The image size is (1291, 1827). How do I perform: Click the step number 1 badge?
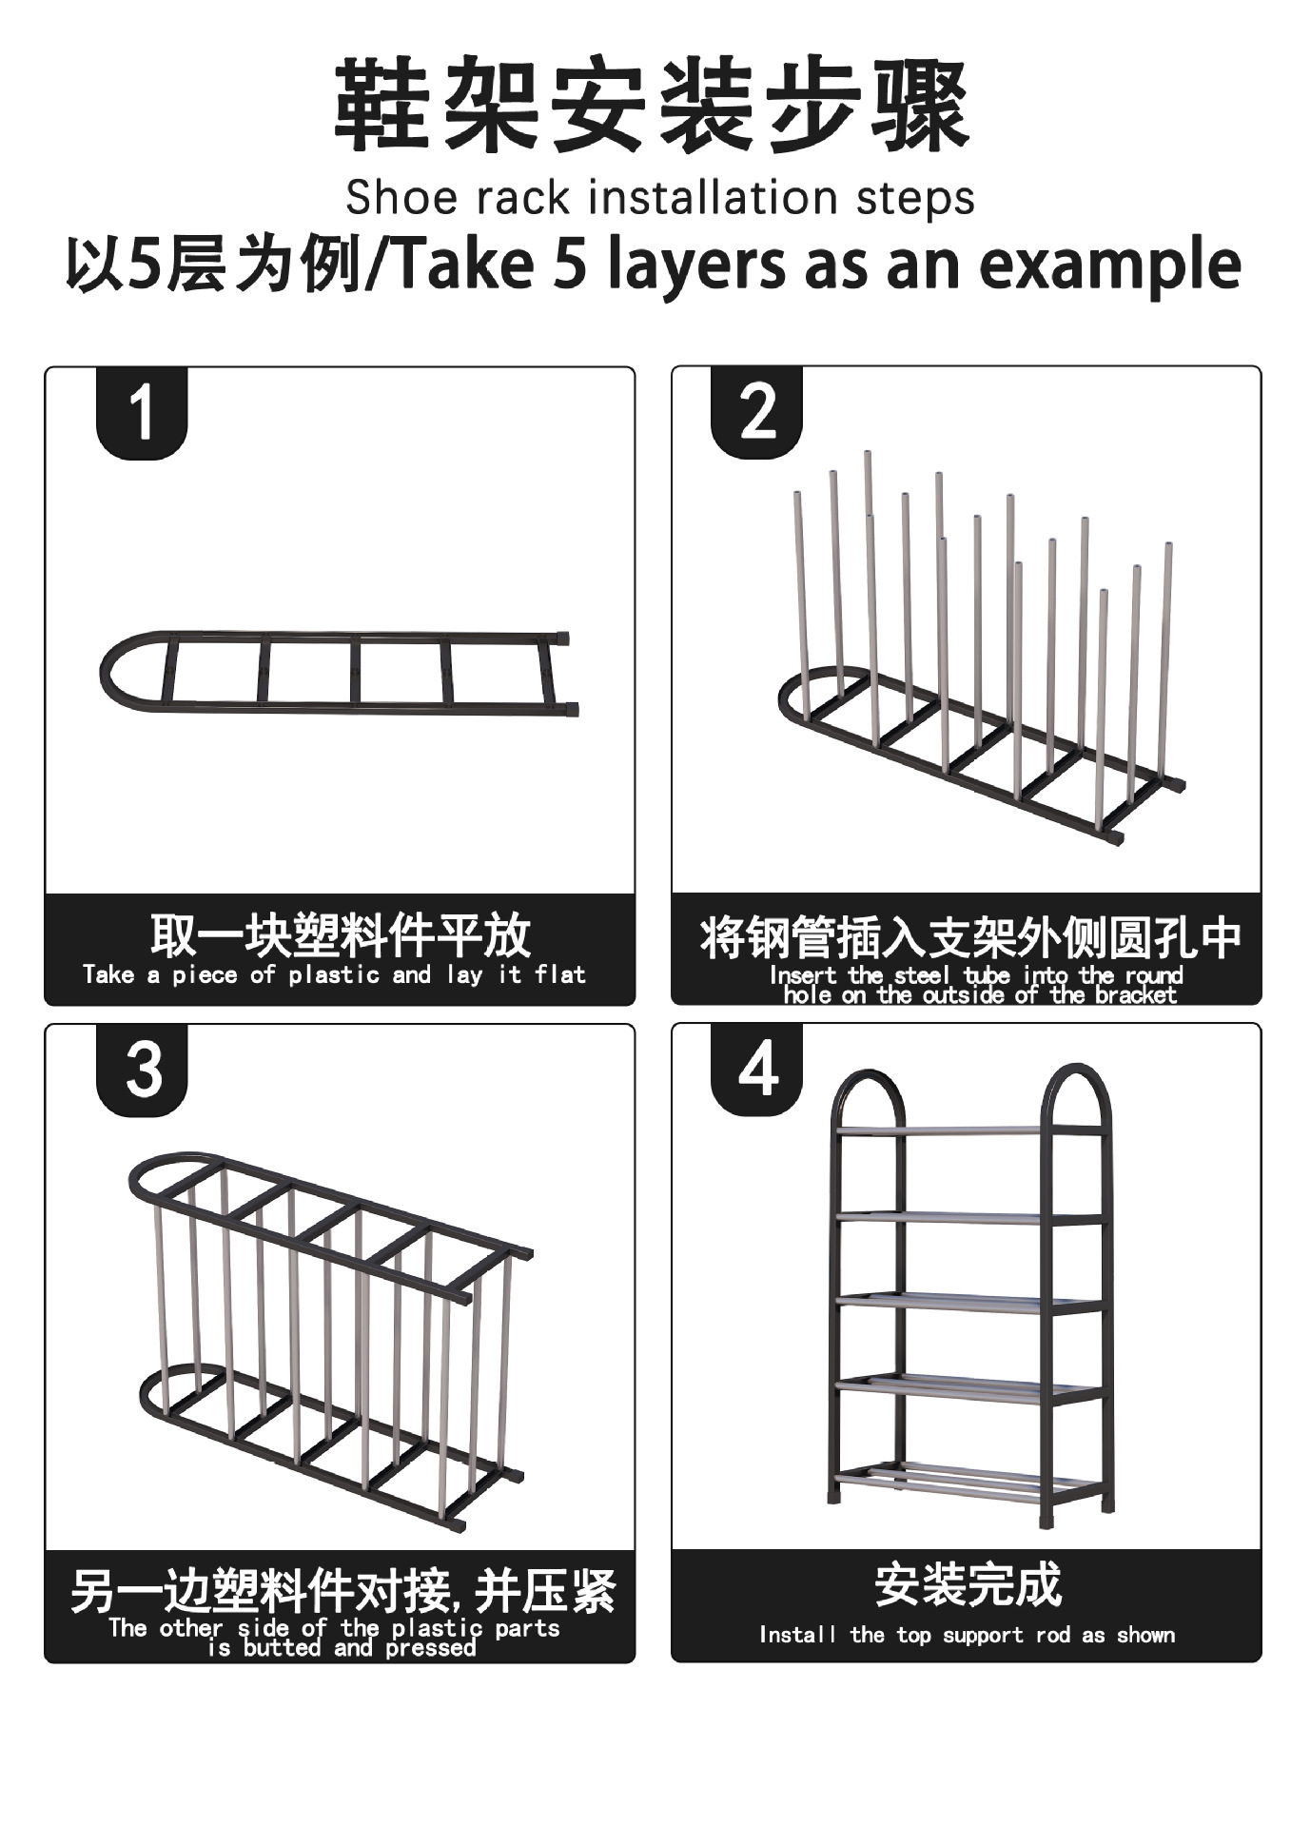(x=142, y=413)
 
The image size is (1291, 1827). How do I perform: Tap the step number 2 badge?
(x=757, y=413)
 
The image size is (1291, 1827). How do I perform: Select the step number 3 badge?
(x=143, y=1070)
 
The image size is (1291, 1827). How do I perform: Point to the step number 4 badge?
(x=757, y=1070)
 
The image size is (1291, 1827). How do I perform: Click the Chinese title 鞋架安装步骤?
(x=652, y=105)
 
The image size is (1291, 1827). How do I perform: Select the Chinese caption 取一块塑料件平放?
(x=340, y=934)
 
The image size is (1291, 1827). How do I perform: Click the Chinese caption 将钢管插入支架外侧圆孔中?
(x=970, y=937)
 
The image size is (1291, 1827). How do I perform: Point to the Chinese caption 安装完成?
(x=967, y=1584)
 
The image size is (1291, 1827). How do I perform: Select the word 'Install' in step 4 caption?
(x=797, y=1635)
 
